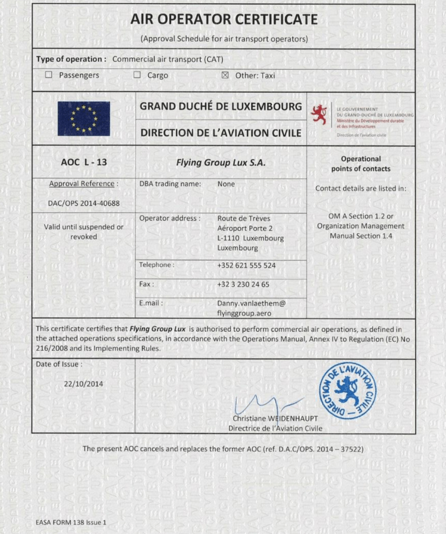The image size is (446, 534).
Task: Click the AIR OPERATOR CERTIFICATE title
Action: coord(224,20)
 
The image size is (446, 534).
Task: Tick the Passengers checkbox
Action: coord(49,76)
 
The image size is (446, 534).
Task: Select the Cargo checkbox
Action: coord(137,76)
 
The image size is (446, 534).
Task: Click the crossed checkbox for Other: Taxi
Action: coord(225,76)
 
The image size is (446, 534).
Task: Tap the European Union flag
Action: coord(83,118)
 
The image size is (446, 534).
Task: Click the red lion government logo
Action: coord(320,114)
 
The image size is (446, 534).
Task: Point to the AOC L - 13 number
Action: coord(84,162)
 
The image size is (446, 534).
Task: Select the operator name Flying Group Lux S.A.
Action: coord(221,162)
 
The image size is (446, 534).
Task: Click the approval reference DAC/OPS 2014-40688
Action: coord(83,203)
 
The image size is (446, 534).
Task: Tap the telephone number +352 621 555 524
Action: coord(246,265)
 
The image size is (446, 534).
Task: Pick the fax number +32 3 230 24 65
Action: coord(243,284)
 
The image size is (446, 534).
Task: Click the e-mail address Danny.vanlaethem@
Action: coord(251,303)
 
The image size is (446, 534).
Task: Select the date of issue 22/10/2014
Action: coord(83,384)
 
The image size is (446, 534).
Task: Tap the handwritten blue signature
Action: coord(262,404)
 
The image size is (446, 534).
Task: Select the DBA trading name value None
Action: coord(226,184)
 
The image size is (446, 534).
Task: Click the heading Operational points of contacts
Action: coord(360,164)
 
